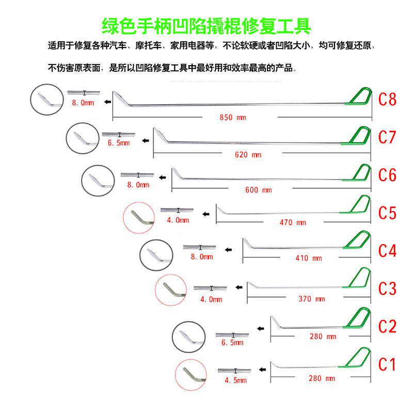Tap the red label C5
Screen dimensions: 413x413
[x=388, y=213]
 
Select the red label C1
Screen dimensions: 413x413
[x=387, y=364]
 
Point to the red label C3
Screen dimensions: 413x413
[x=388, y=288]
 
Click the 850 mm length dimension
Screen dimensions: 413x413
[x=233, y=118]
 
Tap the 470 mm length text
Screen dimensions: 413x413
[x=293, y=223]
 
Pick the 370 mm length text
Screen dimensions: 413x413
[x=312, y=299]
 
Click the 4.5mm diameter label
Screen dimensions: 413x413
[x=235, y=380]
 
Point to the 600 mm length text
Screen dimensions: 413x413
[x=259, y=190]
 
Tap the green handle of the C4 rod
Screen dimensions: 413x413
[x=360, y=242]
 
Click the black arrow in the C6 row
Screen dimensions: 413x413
[x=163, y=178]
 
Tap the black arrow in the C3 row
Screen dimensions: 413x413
[x=239, y=286]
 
